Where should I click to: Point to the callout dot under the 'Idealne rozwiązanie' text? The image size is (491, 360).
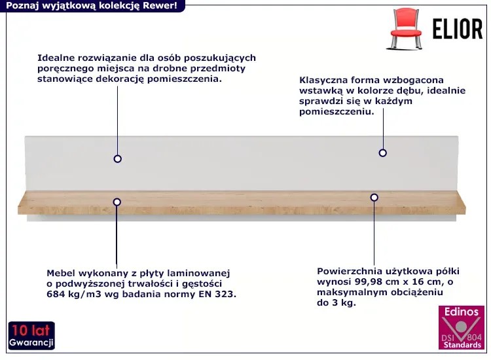(118, 158)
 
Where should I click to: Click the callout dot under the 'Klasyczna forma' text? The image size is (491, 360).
(382, 153)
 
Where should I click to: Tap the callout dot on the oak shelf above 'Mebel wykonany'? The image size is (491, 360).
(117, 202)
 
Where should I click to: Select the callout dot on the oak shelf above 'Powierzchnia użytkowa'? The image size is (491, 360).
(374, 196)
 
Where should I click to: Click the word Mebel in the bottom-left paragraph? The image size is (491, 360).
(60, 273)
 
